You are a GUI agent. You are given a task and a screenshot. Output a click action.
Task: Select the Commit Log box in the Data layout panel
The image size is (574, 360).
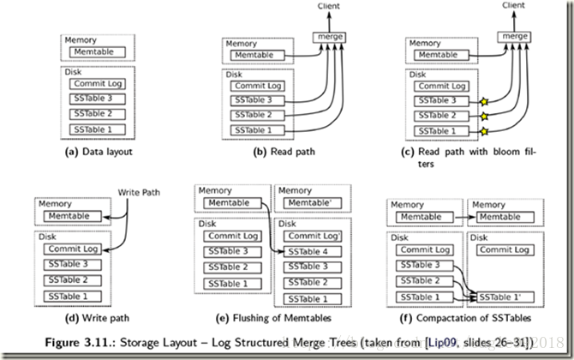[x=97, y=83]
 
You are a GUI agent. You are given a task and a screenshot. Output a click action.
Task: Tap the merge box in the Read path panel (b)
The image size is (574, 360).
[x=330, y=38]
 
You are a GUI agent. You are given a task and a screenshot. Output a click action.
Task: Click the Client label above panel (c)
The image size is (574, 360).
[x=513, y=6]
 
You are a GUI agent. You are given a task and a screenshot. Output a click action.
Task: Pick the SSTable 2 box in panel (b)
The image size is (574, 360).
[x=263, y=114]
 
